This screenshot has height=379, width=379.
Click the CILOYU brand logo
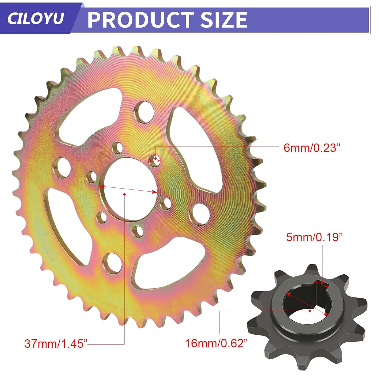pyautogui.click(x=35, y=18)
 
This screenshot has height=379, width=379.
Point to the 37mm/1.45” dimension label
pyautogui.click(x=56, y=344)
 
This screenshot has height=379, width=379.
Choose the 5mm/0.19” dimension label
pyautogui.click(x=314, y=237)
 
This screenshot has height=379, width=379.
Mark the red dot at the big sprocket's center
pyautogui.click(x=125, y=194)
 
